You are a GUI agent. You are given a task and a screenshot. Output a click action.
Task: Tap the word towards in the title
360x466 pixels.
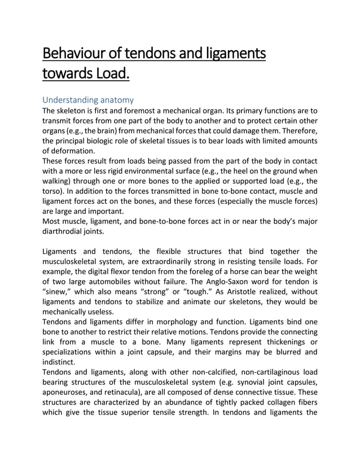pyautogui.click(x=65, y=74)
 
